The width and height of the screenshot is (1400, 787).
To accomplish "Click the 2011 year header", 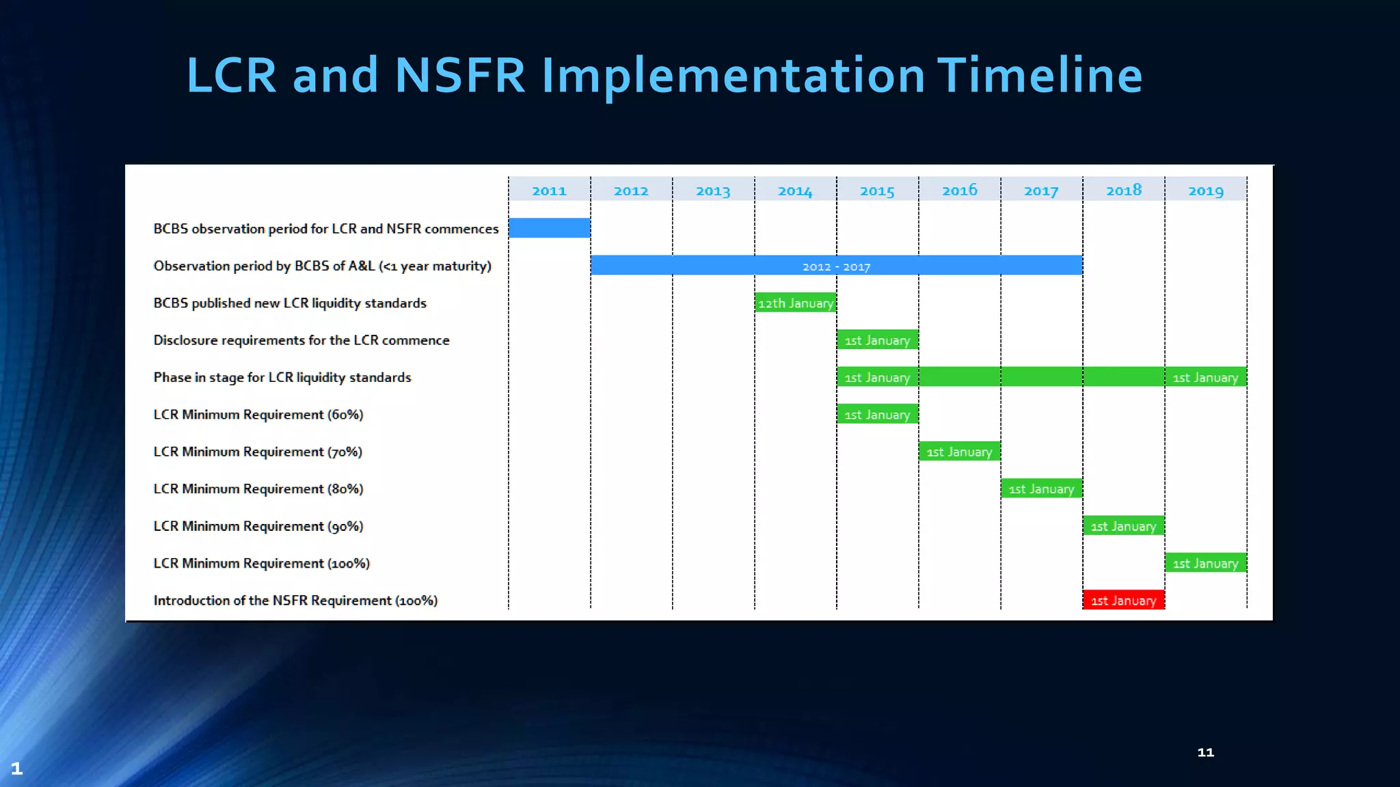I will [549, 191].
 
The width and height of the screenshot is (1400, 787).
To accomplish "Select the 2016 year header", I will [959, 190].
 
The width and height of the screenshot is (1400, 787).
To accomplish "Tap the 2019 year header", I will [1205, 191].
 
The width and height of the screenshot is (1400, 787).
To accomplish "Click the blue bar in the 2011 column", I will [549, 227].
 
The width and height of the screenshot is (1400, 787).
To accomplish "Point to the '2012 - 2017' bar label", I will [836, 266].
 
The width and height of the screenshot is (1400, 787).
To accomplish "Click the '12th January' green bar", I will [795, 303].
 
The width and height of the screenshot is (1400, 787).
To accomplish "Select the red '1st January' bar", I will [1123, 600].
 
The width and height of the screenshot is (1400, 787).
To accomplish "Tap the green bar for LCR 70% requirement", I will [959, 451].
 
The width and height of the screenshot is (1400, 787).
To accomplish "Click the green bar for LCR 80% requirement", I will [1041, 488].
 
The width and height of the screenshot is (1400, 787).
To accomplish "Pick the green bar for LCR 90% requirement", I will [1123, 525].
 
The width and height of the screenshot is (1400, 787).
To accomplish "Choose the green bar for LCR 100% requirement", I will [1205, 563].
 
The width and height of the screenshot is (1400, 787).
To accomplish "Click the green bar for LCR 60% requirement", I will [877, 414].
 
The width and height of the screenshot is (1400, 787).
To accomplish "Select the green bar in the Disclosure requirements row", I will [877, 340].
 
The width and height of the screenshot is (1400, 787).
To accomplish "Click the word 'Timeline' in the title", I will [1039, 75].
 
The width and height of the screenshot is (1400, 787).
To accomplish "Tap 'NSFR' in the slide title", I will [459, 75].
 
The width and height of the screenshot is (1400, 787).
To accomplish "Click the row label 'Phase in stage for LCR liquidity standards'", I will [282, 377].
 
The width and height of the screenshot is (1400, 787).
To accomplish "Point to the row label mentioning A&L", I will [322, 266].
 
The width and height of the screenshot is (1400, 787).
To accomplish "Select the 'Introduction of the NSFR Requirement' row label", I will [295, 600].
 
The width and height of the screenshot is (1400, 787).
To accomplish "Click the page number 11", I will [1205, 752].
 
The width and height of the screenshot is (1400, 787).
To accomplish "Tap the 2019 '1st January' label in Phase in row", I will [1205, 377].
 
